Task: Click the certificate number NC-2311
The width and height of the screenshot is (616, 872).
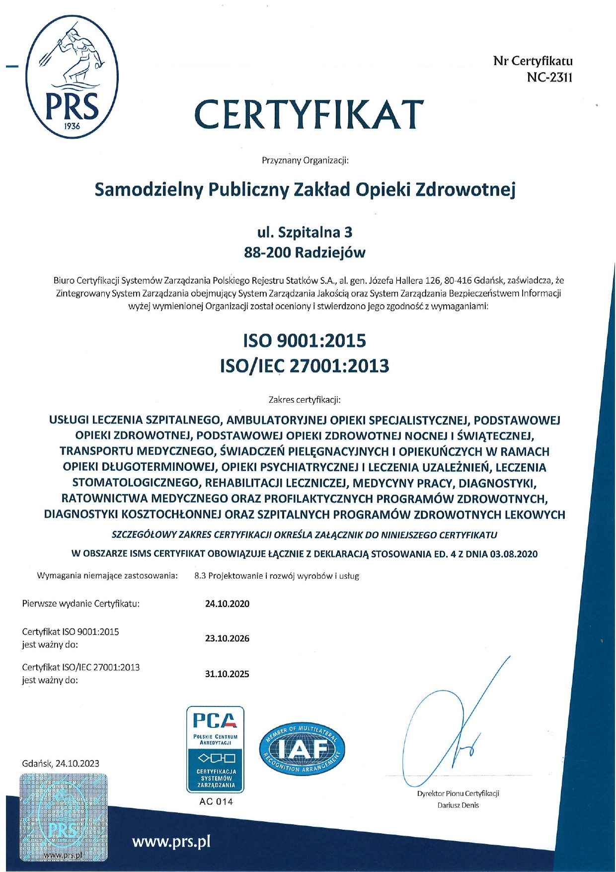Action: (x=549, y=78)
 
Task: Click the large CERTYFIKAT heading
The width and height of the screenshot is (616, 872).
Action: (x=309, y=114)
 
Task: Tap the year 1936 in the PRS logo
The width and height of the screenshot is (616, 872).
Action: (x=72, y=126)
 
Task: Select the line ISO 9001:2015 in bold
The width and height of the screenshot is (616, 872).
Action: (x=305, y=341)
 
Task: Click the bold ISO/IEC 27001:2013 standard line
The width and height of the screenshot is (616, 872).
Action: (x=305, y=366)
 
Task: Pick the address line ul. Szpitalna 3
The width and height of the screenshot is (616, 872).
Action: (x=305, y=232)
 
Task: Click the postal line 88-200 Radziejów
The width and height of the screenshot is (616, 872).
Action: (x=305, y=253)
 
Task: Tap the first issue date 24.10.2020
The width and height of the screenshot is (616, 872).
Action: (x=227, y=604)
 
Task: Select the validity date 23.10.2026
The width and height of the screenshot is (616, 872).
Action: (x=227, y=638)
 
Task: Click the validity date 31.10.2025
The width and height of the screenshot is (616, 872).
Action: (x=227, y=674)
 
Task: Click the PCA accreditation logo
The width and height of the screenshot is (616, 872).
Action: (x=215, y=749)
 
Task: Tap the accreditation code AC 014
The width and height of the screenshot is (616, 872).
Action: (x=216, y=801)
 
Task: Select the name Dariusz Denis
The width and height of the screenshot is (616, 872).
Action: (x=458, y=805)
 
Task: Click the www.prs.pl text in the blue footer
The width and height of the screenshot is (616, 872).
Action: (x=171, y=842)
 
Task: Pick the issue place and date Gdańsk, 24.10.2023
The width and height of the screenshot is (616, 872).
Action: (x=61, y=763)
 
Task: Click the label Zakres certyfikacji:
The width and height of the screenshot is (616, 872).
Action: (x=305, y=399)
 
